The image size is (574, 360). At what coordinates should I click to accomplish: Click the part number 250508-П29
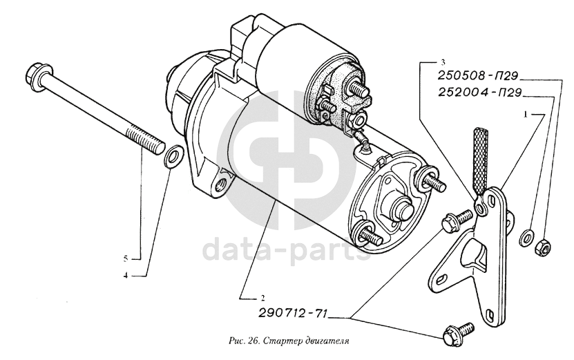coord(478,76)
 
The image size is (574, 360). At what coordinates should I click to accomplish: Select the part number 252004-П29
coord(479,93)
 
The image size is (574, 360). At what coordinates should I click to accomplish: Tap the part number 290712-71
coord(293,314)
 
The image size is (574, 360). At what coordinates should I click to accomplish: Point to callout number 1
coord(526,115)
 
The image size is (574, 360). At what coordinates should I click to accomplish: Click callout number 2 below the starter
coord(262,296)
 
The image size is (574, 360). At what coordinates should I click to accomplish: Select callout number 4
coord(126,276)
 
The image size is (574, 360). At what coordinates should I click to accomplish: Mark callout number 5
coord(126,259)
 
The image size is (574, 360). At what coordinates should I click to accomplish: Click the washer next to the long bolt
coord(173,156)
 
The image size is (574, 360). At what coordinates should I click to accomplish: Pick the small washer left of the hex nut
coord(526,237)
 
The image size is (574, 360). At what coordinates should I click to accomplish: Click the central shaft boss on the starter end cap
coord(404,208)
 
